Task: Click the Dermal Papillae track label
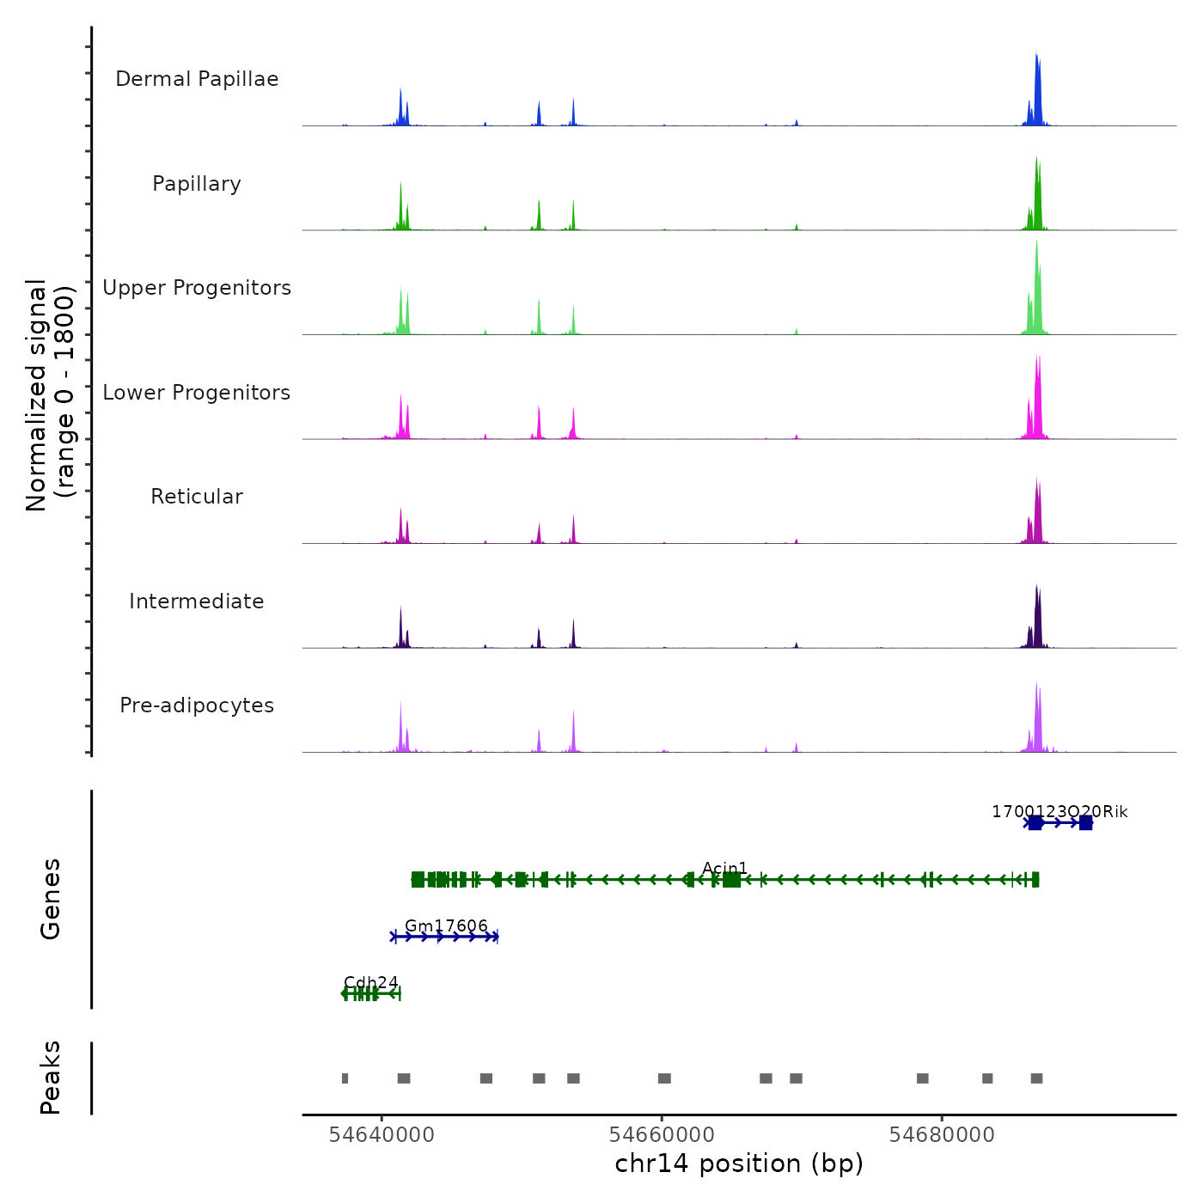click(x=197, y=79)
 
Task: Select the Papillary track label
click(x=197, y=184)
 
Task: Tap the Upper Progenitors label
click(x=197, y=288)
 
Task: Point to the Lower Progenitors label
click(x=197, y=393)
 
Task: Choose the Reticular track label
click(x=197, y=497)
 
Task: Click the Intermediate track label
click(x=197, y=601)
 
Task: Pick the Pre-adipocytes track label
click(x=197, y=705)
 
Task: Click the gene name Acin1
click(x=724, y=869)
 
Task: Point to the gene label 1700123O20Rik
click(x=1059, y=812)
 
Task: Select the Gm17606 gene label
click(x=446, y=925)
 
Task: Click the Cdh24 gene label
click(x=370, y=982)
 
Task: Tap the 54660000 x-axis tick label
click(x=662, y=1135)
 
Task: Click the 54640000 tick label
click(x=382, y=1135)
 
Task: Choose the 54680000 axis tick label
click(x=942, y=1135)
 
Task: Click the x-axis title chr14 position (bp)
click(x=739, y=1163)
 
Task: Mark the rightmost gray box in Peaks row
click(x=1037, y=1078)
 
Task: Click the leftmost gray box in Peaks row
click(x=345, y=1078)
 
